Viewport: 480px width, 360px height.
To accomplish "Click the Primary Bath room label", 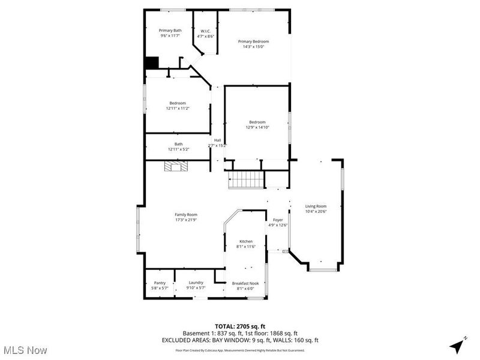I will coord(170,31).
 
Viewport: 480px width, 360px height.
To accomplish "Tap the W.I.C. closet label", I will coord(205,31).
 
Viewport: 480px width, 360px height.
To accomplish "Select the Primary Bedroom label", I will coord(253,41).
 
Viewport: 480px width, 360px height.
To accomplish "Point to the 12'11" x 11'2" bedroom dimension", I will coord(178,109).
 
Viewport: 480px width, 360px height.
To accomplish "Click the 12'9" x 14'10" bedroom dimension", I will coord(257,127).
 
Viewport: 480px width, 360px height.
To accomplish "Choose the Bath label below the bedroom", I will coord(178,144).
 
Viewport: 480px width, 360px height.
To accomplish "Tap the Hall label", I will coord(217,140).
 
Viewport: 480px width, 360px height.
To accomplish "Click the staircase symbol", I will coord(245,179).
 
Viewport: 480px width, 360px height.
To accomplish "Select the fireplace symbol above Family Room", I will coord(178,167).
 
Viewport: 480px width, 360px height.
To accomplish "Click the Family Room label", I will coord(186,214).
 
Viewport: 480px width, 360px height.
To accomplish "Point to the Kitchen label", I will coord(246,241).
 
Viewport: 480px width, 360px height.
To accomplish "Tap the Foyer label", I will coord(278,220).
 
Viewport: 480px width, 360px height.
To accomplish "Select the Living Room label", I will coord(316,206).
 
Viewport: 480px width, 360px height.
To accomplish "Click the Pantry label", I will coord(160,283).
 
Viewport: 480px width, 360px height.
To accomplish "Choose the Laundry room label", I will coord(196,283).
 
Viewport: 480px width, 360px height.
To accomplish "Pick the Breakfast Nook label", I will coord(246,283).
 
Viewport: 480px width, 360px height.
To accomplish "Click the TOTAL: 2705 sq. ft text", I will coord(240,326).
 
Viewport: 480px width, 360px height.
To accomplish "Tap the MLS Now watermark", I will coord(25,349).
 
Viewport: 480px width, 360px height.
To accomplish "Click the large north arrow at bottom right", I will coord(458,346).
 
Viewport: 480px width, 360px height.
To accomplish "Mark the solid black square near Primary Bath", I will coord(152,63).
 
